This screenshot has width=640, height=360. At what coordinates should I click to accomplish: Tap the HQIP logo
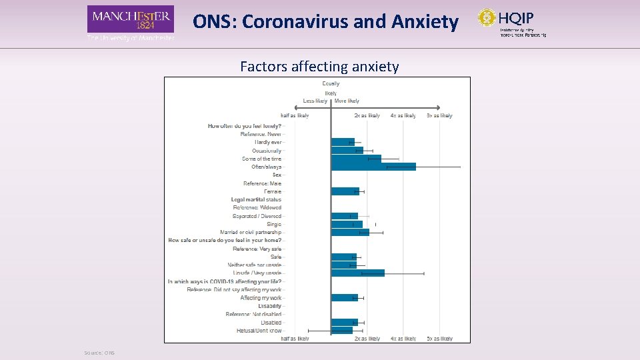click(x=512, y=21)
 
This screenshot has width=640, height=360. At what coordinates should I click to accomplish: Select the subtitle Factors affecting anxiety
click(x=319, y=67)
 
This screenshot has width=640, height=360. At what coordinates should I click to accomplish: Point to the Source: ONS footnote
click(x=99, y=353)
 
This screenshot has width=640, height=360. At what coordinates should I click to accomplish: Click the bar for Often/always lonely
click(x=373, y=167)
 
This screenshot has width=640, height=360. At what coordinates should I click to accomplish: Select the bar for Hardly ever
click(x=343, y=142)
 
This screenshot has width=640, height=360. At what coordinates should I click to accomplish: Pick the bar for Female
click(x=345, y=191)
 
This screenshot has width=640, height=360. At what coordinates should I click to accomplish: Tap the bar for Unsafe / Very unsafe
click(x=357, y=273)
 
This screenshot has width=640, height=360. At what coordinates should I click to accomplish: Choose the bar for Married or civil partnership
click(x=350, y=232)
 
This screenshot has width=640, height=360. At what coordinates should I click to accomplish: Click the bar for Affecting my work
click(x=344, y=297)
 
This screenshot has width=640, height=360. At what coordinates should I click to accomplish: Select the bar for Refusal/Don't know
click(x=341, y=330)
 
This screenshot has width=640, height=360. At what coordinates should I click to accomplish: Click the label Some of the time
click(x=261, y=159)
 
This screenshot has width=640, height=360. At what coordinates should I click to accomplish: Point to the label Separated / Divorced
click(x=257, y=216)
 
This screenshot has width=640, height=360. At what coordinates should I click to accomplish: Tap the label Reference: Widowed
click(x=257, y=207)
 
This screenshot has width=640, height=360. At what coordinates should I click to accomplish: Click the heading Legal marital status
click(x=256, y=199)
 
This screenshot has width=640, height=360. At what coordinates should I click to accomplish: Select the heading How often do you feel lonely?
click(x=244, y=126)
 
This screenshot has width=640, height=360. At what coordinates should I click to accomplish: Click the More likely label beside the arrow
click(x=347, y=101)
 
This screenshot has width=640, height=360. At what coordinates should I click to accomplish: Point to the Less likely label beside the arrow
click(x=315, y=101)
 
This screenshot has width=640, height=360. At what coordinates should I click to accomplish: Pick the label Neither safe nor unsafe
click(x=254, y=265)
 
